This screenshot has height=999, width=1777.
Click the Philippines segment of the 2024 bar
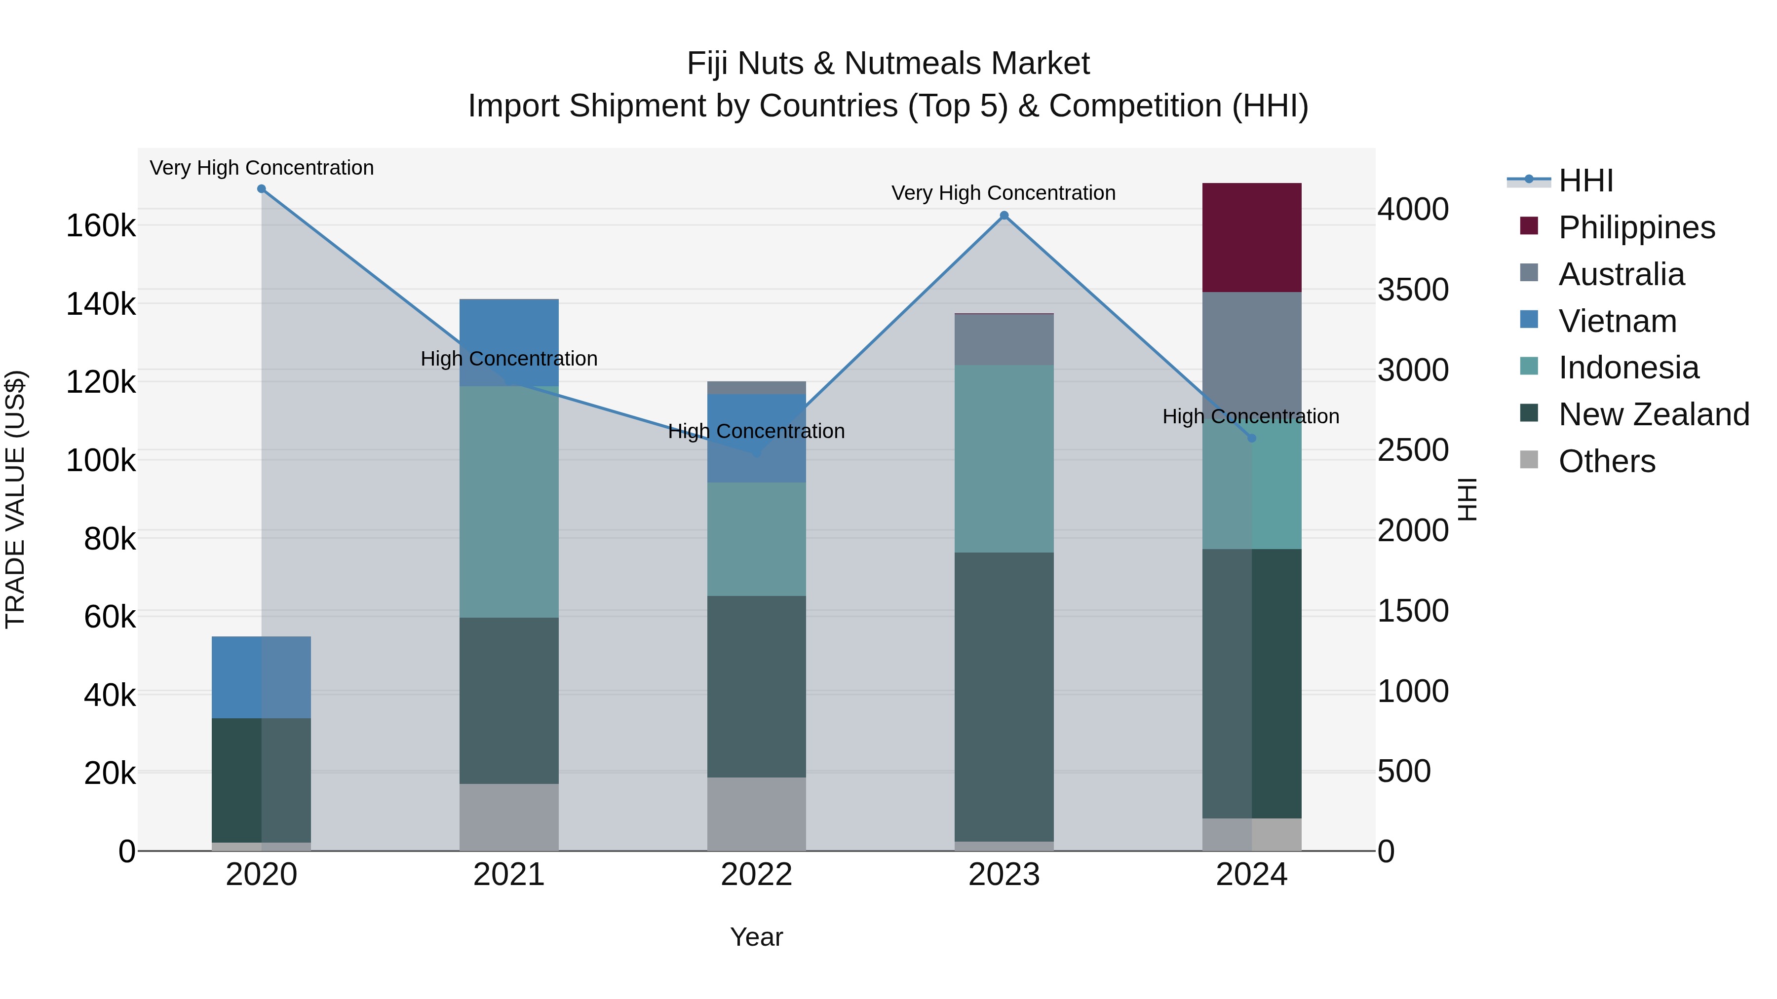1251,237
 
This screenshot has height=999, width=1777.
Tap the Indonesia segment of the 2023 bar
1004,458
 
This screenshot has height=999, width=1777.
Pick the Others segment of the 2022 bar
756,814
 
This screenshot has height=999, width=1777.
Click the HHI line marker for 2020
262,189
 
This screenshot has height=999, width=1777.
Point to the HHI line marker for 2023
1004,216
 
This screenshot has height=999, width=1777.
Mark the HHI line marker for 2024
1251,438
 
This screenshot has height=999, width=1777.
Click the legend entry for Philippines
1636,227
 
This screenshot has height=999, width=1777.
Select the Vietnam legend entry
1617,321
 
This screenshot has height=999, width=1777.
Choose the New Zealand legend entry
1654,414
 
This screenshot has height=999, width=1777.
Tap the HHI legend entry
1585,181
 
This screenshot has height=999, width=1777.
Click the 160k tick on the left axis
101,225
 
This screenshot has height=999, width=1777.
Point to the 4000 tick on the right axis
1413,209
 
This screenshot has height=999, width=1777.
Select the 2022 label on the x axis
756,875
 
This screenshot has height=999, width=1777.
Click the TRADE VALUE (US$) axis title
16,499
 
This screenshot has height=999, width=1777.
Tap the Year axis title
756,937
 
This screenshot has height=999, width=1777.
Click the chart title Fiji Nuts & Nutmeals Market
888,64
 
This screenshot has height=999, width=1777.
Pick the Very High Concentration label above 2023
1003,193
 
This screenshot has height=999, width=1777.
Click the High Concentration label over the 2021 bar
508,359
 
